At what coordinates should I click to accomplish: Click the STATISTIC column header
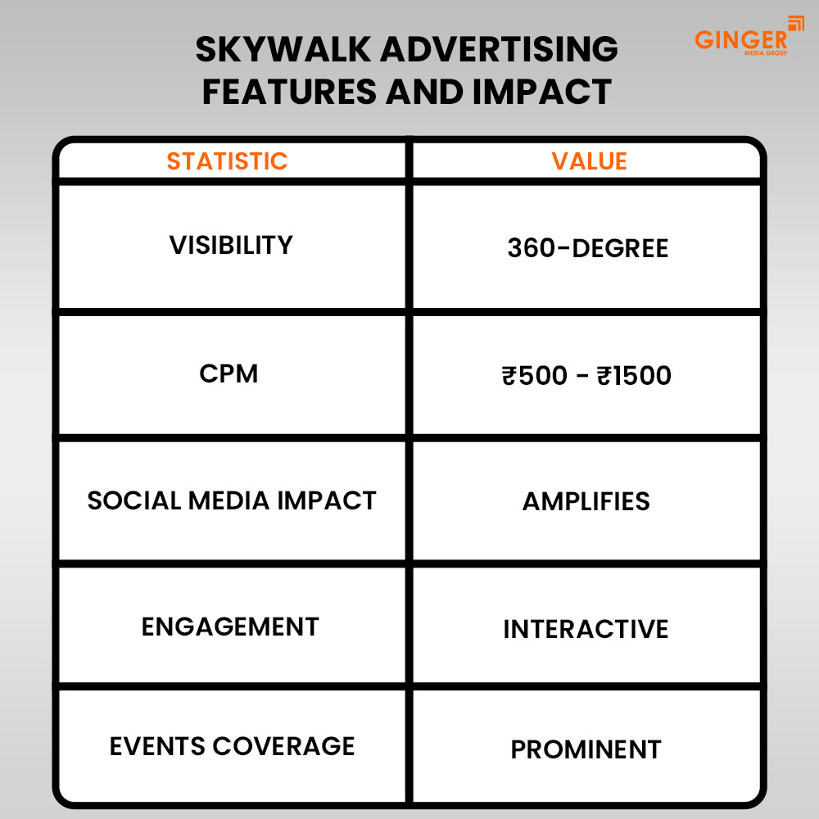(x=227, y=161)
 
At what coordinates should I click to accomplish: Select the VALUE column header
(x=589, y=161)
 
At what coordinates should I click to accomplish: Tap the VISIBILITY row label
(x=231, y=245)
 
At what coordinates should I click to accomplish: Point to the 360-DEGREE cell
(x=587, y=248)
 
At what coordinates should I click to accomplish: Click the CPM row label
(x=229, y=373)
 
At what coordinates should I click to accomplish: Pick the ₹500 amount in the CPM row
(x=534, y=376)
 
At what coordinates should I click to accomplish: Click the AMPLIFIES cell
(x=586, y=501)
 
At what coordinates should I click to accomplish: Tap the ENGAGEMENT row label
(x=230, y=627)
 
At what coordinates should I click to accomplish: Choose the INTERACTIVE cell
(x=586, y=629)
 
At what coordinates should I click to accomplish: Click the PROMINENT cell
(x=586, y=749)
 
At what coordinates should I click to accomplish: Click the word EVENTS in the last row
(x=157, y=746)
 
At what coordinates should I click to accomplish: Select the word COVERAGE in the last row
(x=283, y=746)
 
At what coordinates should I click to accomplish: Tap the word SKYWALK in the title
(x=282, y=51)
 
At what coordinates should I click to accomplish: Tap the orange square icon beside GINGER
(x=795, y=23)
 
